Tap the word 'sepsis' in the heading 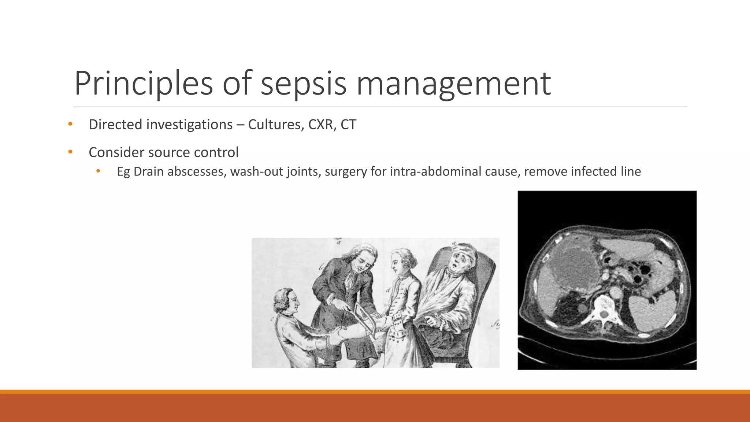304,84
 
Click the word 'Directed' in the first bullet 115,125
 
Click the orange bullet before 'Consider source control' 70,152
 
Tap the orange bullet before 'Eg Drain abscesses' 98,171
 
